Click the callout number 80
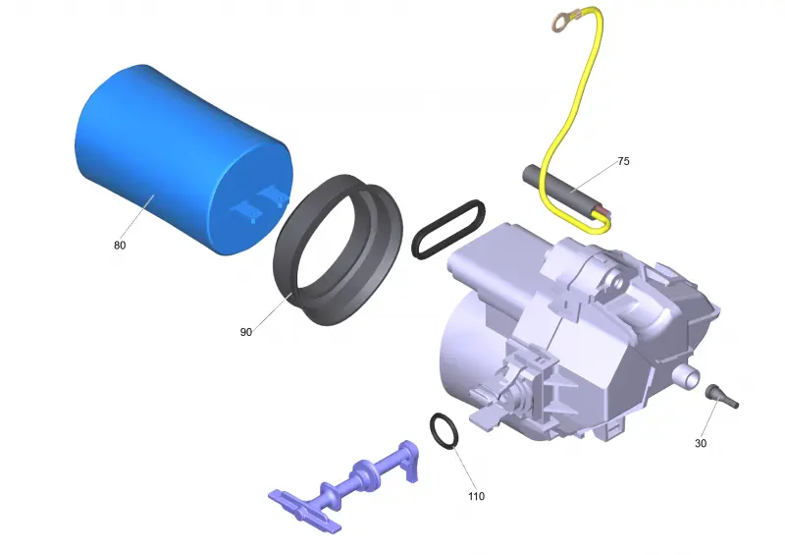coord(120,246)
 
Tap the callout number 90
coord(246,332)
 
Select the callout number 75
coord(623,161)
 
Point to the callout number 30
coord(701,443)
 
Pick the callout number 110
coord(477,496)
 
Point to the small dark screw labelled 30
coord(721,396)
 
